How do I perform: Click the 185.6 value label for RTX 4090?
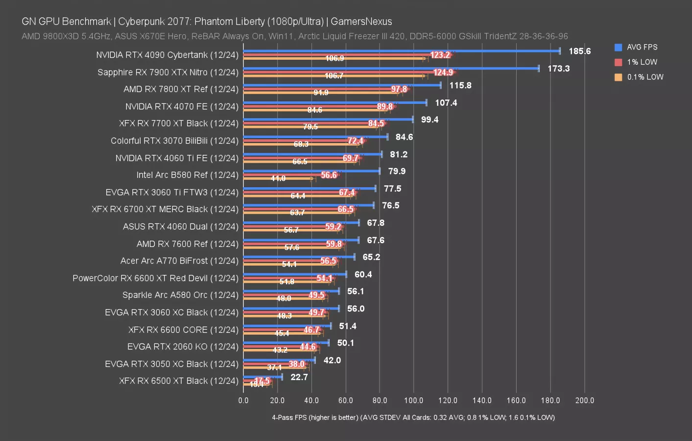579,51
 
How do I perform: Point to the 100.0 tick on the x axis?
413,400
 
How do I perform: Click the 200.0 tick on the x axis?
584,400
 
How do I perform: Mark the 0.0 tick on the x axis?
243,400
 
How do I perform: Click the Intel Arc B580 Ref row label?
187,175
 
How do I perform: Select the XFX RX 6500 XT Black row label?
178,381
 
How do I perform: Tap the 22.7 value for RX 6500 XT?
299,377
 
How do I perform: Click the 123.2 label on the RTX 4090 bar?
440,55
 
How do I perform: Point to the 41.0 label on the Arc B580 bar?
278,178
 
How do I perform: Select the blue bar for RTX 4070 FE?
335,102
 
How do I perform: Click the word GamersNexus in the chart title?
361,22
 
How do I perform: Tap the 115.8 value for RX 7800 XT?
460,85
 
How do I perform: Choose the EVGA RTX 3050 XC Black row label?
171,364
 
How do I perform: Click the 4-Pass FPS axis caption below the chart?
413,417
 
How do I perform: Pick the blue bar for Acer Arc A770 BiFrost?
299,257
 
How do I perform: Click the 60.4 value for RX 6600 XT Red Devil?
363,274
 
